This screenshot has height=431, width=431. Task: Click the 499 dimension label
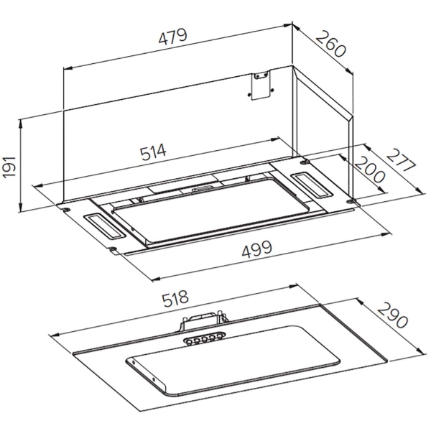pos(256,249)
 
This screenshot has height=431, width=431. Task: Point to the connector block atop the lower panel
pos(205,321)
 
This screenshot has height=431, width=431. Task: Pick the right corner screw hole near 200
pos(351,204)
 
